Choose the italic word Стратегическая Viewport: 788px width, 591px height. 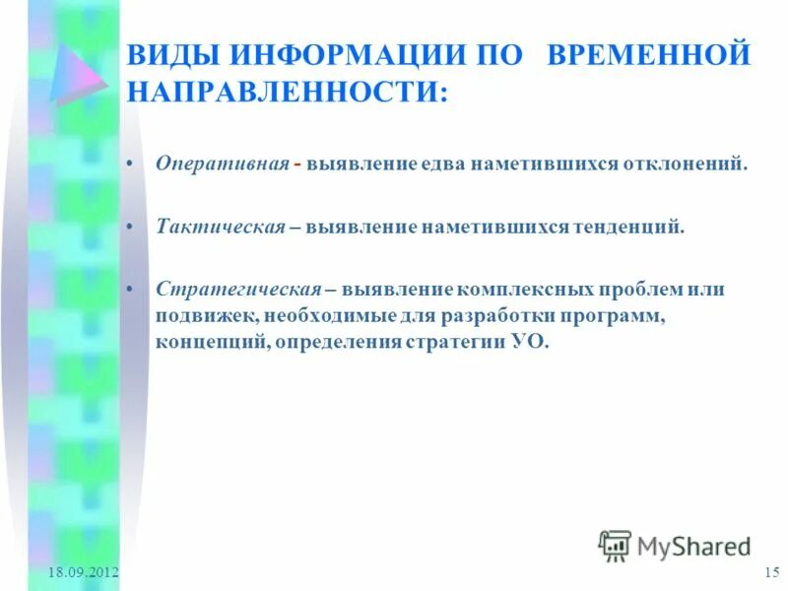click(238, 290)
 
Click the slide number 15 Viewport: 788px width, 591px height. click(771, 573)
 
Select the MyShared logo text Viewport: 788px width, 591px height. click(693, 545)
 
